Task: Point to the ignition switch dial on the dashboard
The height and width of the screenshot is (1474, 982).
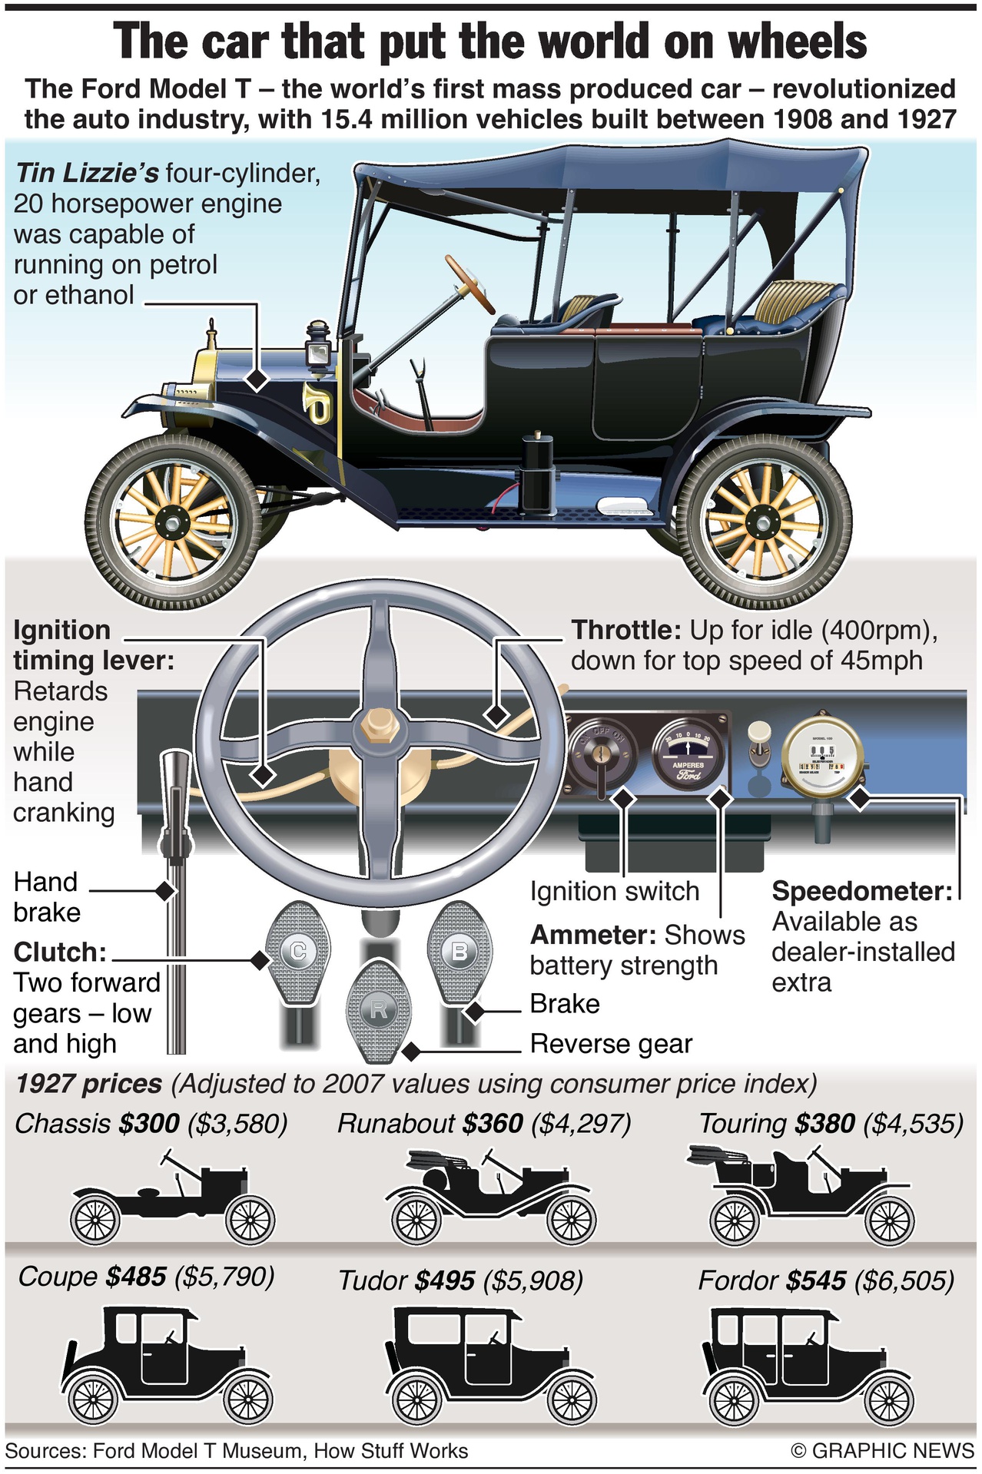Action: tap(602, 756)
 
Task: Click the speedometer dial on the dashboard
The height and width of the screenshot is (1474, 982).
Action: tap(821, 757)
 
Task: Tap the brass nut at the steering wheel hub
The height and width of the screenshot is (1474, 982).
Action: tap(378, 726)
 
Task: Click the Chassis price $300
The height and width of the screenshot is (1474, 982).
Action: tap(149, 1124)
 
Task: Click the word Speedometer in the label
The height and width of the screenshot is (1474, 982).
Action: tap(861, 891)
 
